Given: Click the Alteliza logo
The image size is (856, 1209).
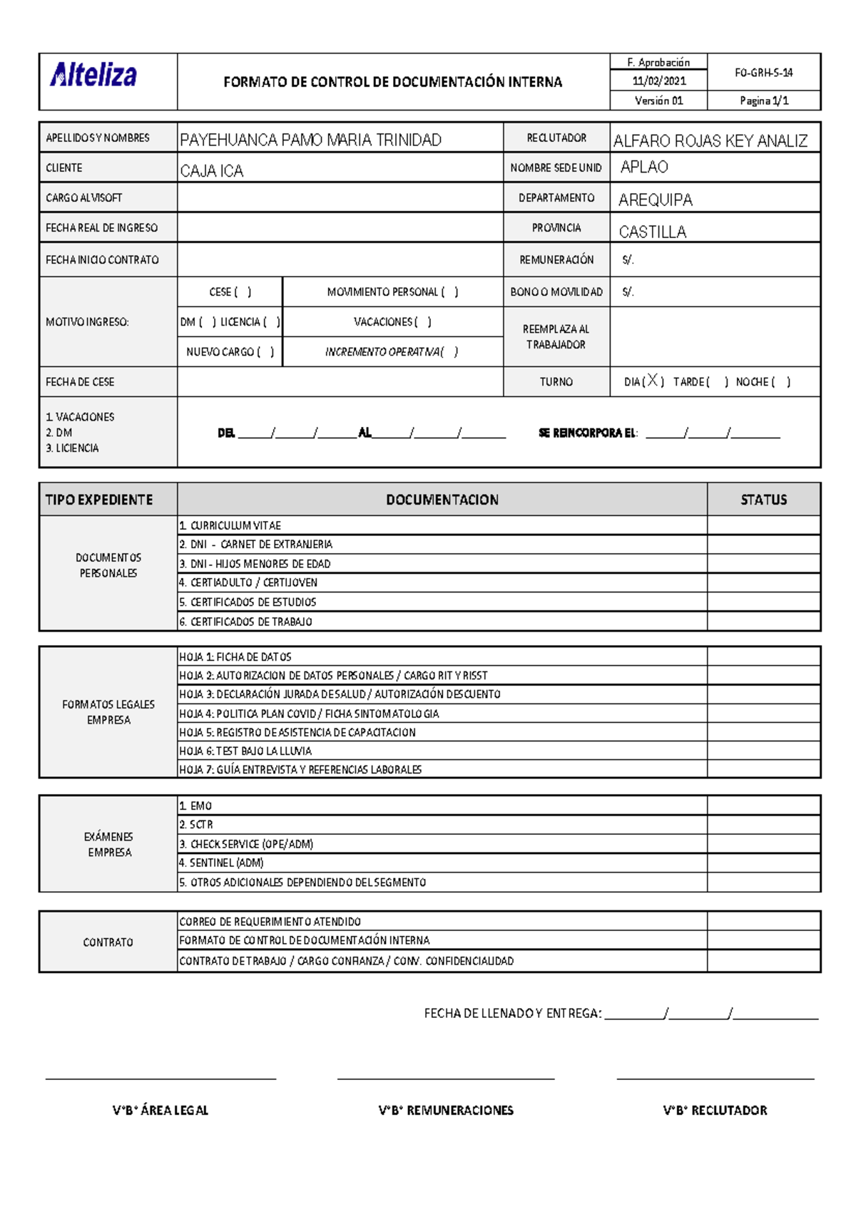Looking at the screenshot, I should click(93, 75).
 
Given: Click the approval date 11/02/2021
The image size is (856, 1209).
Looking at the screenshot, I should click(658, 81).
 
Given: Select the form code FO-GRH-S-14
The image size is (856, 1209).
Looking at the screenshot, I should click(763, 72).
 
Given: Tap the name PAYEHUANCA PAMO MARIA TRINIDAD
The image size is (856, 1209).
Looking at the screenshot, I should click(310, 140).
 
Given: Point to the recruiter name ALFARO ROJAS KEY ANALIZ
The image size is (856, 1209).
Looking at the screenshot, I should click(710, 141).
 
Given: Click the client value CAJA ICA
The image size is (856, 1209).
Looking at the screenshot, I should click(212, 171).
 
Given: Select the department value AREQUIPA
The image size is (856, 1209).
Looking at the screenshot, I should click(656, 200).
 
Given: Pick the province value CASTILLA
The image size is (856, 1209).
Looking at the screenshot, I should click(653, 232).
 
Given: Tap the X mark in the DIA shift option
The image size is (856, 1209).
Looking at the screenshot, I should click(653, 381).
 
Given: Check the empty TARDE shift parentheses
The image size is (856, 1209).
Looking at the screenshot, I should click(717, 382).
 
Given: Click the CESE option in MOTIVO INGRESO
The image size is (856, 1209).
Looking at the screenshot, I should click(230, 292).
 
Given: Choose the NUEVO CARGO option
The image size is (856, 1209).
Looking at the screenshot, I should click(230, 352).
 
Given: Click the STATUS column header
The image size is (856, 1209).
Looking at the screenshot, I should click(763, 500).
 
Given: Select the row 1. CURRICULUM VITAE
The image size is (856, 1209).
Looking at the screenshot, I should click(230, 525).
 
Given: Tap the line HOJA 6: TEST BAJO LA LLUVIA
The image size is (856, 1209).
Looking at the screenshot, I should click(245, 751).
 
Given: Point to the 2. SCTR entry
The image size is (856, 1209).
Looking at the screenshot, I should click(196, 825).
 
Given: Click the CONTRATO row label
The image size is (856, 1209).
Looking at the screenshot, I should click(108, 942).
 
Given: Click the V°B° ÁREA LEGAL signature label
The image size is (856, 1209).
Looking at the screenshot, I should click(160, 1110).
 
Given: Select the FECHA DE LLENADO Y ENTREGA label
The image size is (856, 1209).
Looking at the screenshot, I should click(513, 1013).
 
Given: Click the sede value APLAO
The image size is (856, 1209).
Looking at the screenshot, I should click(644, 167).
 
